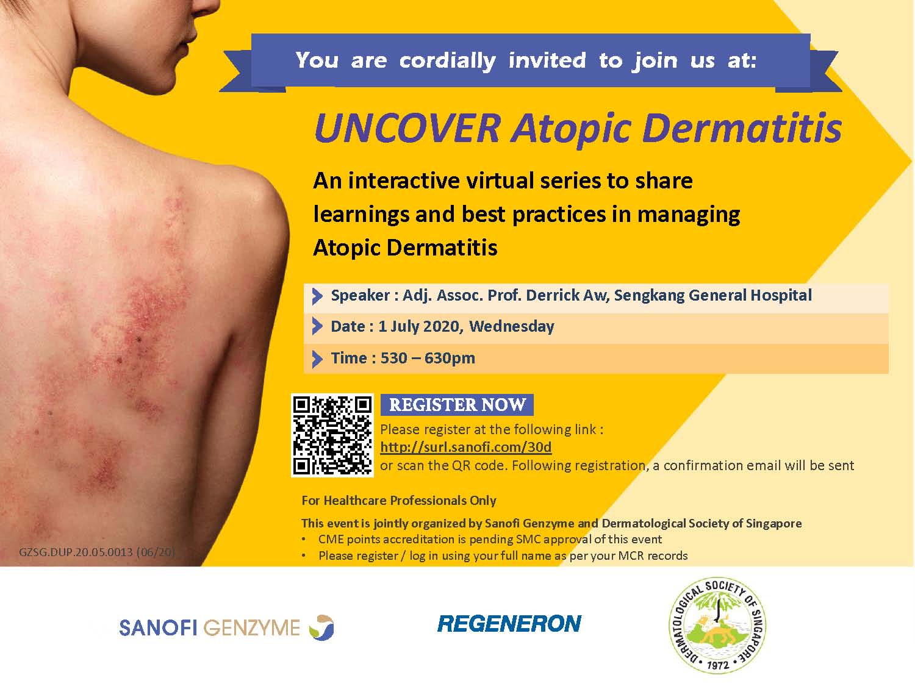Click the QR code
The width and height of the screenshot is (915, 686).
pos(332,435)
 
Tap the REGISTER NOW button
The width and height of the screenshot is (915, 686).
pos(457,405)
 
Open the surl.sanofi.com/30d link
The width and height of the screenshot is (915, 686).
pos(465,447)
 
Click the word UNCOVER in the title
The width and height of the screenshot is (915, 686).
pos(407,129)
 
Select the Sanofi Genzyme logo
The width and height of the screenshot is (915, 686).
pos(226,627)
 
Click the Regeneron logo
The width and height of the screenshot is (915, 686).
pos(509,623)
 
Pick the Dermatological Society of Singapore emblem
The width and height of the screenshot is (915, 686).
pos(717,626)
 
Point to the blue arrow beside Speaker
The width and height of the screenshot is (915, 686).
pos(317,296)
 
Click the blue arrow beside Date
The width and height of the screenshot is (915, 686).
pos(317,327)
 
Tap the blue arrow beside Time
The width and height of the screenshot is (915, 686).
pos(317,359)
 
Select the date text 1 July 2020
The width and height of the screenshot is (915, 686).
pos(419,326)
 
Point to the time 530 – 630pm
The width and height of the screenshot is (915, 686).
pos(428,358)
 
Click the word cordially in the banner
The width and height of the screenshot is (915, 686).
pos(447,61)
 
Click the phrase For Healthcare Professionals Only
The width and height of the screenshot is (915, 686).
pos(399,501)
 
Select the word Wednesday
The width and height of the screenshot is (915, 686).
pos(512,326)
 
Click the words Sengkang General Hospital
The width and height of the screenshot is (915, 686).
pos(712,296)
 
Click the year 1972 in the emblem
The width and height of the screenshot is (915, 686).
pos(718,665)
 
